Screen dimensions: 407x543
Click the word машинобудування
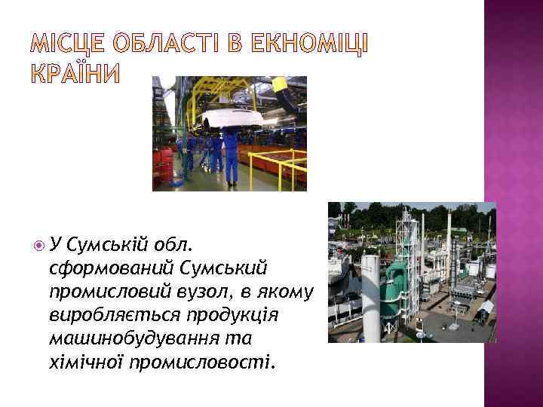(x=131, y=339)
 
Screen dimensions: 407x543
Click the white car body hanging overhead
(x=231, y=118)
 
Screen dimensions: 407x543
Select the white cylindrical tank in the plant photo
(x=370, y=290)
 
